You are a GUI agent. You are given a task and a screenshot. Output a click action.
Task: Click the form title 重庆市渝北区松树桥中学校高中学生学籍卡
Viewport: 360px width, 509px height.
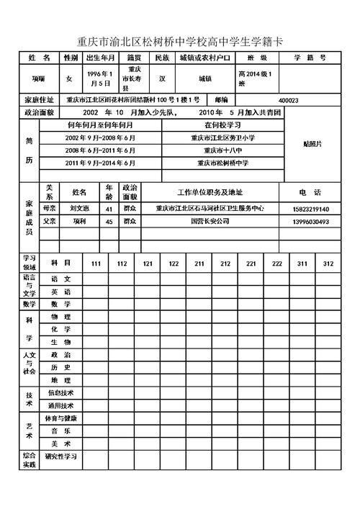[x=180, y=41]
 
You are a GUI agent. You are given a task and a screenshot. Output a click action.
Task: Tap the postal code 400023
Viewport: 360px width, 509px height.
[x=288, y=100]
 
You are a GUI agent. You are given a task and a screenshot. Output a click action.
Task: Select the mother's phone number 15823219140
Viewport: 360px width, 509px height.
[x=311, y=209]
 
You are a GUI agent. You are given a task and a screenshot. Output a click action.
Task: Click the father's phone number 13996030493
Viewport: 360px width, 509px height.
[x=311, y=222]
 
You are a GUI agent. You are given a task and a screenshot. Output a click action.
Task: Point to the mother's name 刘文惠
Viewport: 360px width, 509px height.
[x=79, y=209]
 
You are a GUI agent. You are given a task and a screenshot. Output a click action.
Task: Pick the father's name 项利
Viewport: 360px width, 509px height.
[x=79, y=222]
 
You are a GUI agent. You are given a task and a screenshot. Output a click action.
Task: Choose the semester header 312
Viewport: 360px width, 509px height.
[x=328, y=263]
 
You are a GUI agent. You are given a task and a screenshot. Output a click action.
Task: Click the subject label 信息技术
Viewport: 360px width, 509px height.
[x=60, y=393]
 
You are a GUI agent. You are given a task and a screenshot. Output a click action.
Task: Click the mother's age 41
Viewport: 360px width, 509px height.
[x=109, y=209]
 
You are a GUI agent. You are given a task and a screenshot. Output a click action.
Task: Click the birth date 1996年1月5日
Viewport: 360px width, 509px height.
[x=99, y=78]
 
